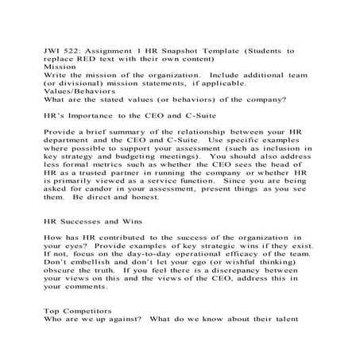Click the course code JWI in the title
coord(52,50)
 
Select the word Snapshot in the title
coord(188,50)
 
